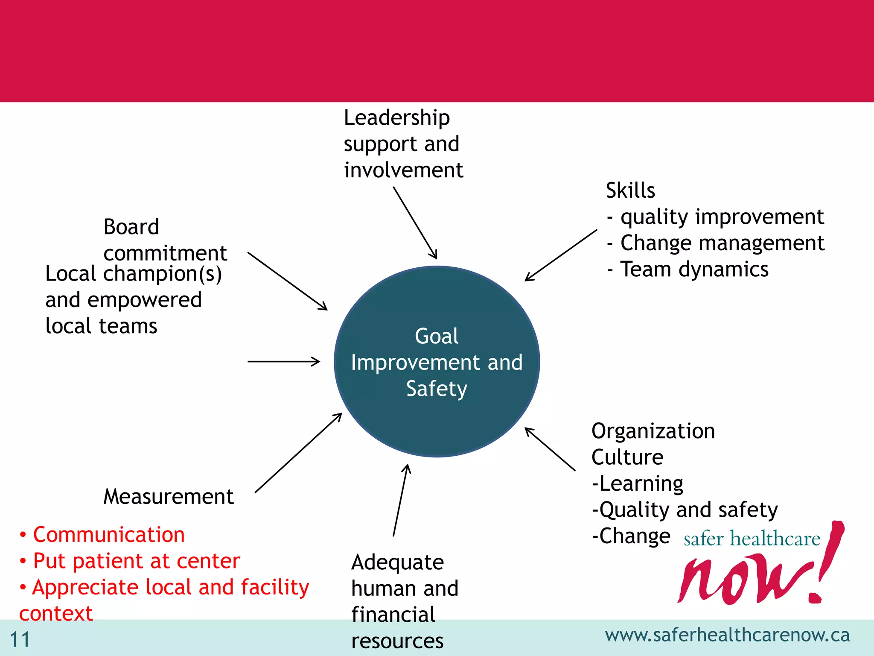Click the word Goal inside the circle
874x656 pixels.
pyautogui.click(x=437, y=336)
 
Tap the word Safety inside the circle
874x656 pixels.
pyautogui.click(x=437, y=389)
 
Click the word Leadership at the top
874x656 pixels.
pyautogui.click(x=397, y=118)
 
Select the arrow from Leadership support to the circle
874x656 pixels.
pyautogui.click(x=415, y=223)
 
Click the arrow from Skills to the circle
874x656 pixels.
pyautogui.click(x=561, y=255)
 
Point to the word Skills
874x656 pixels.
pyautogui.click(x=630, y=190)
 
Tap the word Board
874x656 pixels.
pyautogui.click(x=131, y=227)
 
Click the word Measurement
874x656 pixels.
pyautogui.click(x=169, y=497)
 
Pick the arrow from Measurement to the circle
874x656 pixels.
pyautogui.click(x=298, y=453)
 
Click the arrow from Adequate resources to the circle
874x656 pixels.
pyautogui.click(x=400, y=500)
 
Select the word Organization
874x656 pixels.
pyautogui.click(x=653, y=431)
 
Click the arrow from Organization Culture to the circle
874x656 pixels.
pyautogui.click(x=550, y=449)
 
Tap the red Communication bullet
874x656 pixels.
pyautogui.click(x=108, y=535)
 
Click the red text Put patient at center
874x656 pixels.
pyautogui.click(x=136, y=561)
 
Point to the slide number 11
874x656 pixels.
pyautogui.click(x=20, y=640)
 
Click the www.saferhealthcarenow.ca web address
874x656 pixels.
pyautogui.click(x=727, y=635)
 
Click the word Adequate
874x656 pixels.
pyautogui.click(x=397, y=562)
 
